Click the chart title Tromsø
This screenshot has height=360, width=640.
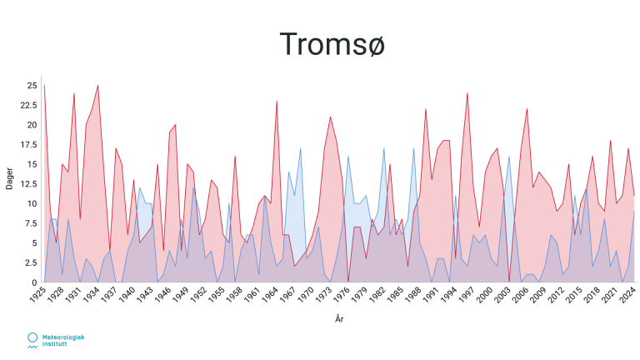click(x=332, y=44)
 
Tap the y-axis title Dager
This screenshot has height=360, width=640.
click(x=9, y=178)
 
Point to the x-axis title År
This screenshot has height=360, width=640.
click(x=339, y=318)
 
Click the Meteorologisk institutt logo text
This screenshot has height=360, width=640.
click(x=63, y=340)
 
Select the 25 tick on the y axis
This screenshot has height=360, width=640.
click(x=32, y=86)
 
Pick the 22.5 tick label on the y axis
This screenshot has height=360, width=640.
click(x=28, y=105)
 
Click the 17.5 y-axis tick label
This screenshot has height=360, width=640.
click(x=28, y=144)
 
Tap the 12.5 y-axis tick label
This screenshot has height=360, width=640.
click(x=28, y=184)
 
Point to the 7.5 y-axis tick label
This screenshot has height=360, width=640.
click(x=31, y=223)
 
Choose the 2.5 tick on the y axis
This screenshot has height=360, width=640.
click(x=31, y=262)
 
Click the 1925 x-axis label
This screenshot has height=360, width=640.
click(x=37, y=295)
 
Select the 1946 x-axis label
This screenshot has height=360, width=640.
click(x=162, y=295)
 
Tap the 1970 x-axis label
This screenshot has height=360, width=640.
click(x=305, y=295)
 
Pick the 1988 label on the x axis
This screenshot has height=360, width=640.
click(x=412, y=295)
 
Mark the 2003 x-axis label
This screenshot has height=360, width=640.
click(x=502, y=295)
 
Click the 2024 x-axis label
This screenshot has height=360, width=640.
click(x=627, y=295)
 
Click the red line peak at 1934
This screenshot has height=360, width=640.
click(x=98, y=86)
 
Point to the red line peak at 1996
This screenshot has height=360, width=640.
click(x=467, y=93)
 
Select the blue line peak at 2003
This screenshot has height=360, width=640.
click(x=509, y=157)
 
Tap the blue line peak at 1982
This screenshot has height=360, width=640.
click(x=383, y=148)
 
